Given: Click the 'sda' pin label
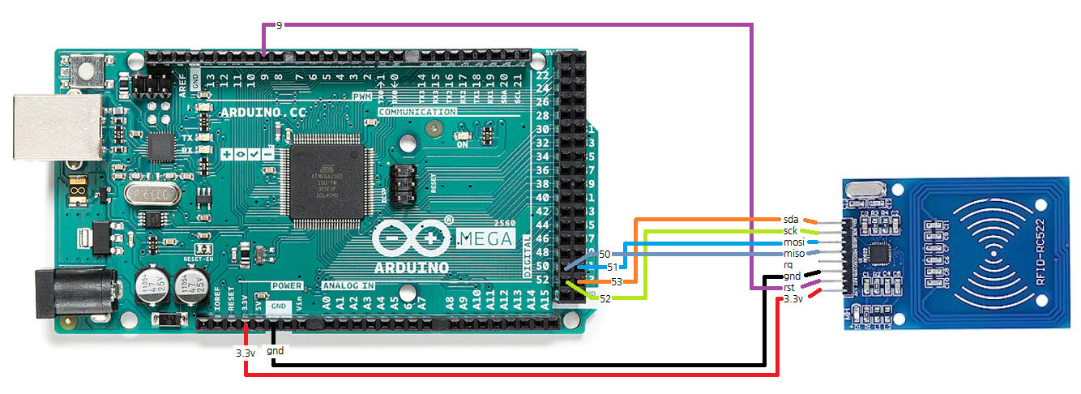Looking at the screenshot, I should pos(790,220).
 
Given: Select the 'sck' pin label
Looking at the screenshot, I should pos(790,231).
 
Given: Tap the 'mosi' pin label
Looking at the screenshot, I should pos(793,242).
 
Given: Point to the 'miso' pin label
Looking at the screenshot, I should pos(793,254).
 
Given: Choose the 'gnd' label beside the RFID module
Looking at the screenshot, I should pos(792,276).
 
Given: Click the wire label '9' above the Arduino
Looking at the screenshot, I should pos(279,26).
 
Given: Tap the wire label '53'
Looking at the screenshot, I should pos(617,281).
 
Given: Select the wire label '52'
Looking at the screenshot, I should pos(605,299).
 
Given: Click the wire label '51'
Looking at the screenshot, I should pos(613,267).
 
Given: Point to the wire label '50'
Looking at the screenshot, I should pos(605,255).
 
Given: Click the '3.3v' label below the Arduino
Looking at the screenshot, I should pos(245,353).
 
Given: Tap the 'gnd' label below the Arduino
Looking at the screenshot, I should pos(275,351).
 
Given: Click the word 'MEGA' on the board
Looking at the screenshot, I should pos(486,238).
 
